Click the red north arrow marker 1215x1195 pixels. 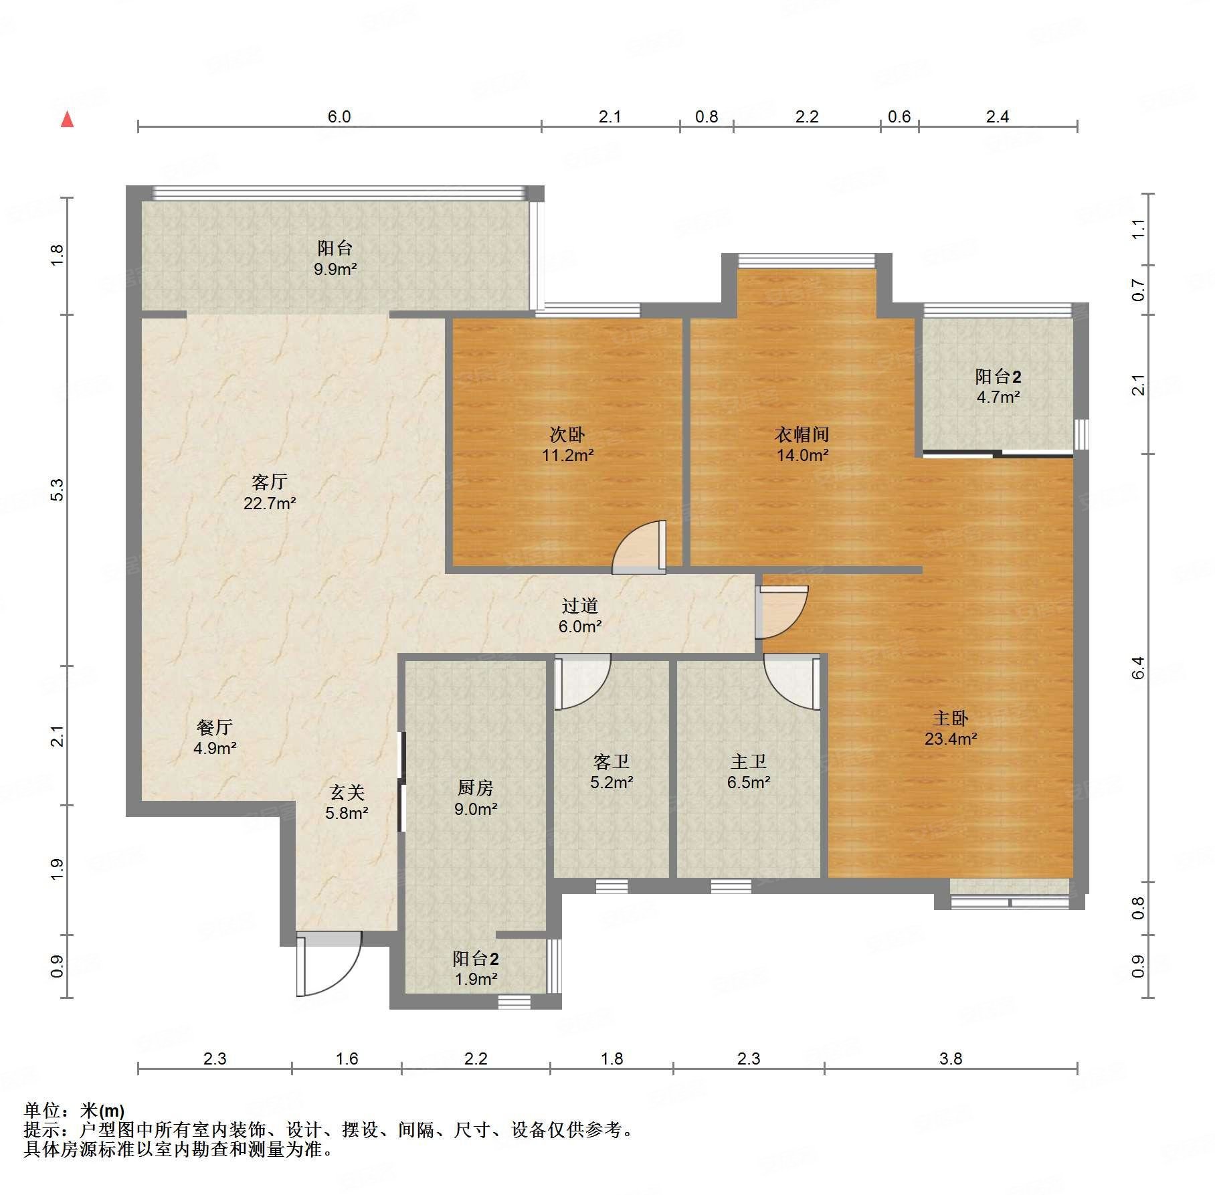[67, 120]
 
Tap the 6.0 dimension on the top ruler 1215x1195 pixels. [339, 117]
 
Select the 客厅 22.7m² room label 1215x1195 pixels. [269, 492]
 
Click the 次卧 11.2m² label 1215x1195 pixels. [567, 445]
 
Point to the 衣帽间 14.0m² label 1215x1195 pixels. [802, 445]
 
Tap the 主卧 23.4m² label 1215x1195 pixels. [950, 729]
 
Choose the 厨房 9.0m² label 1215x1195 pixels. [475, 798]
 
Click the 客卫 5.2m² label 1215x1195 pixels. [611, 771]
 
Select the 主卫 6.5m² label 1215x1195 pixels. [748, 771]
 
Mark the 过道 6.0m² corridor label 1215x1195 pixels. [579, 616]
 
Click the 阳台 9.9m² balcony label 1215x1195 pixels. [335, 258]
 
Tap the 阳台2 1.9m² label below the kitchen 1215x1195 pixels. [475, 968]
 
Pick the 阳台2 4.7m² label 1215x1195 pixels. [998, 386]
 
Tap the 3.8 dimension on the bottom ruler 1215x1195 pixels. [950, 1059]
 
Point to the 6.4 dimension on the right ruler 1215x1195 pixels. [1138, 668]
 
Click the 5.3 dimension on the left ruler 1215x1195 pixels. [58, 490]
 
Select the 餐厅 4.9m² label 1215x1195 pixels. [214, 737]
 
